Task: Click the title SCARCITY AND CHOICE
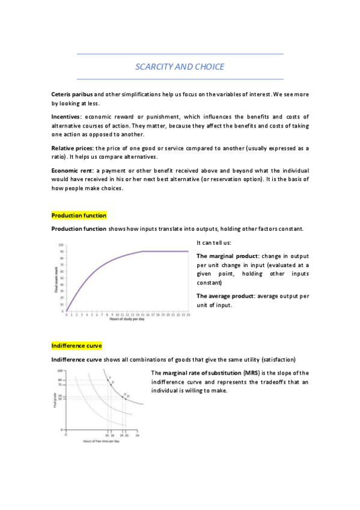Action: coord(180,66)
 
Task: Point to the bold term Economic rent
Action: coord(72,171)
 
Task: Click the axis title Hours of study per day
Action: coord(127,319)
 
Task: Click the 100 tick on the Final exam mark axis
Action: coord(61,245)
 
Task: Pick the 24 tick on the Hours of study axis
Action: coord(189,314)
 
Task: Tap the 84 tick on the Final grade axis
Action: coord(61,380)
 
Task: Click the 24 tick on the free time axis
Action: coord(137,434)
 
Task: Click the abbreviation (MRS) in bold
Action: coord(243,373)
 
